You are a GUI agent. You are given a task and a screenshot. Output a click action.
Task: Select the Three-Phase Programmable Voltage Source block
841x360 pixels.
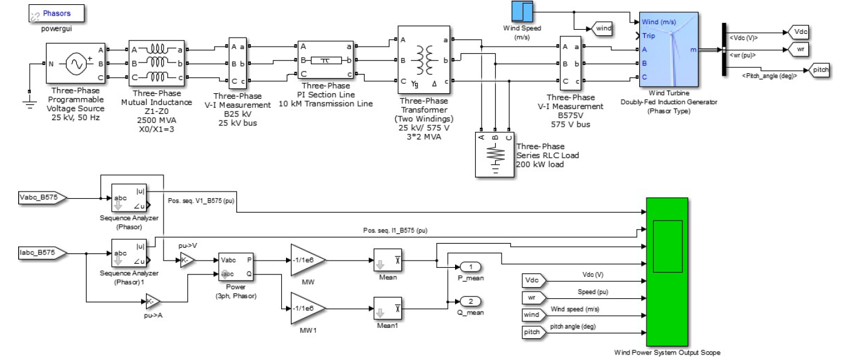click(x=76, y=63)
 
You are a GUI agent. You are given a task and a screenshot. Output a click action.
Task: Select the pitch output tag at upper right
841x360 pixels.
click(x=820, y=70)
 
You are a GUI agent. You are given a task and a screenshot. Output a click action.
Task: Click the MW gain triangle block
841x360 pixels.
click(x=308, y=259)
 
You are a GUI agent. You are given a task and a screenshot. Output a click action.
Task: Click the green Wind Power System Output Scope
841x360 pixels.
click(x=667, y=272)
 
